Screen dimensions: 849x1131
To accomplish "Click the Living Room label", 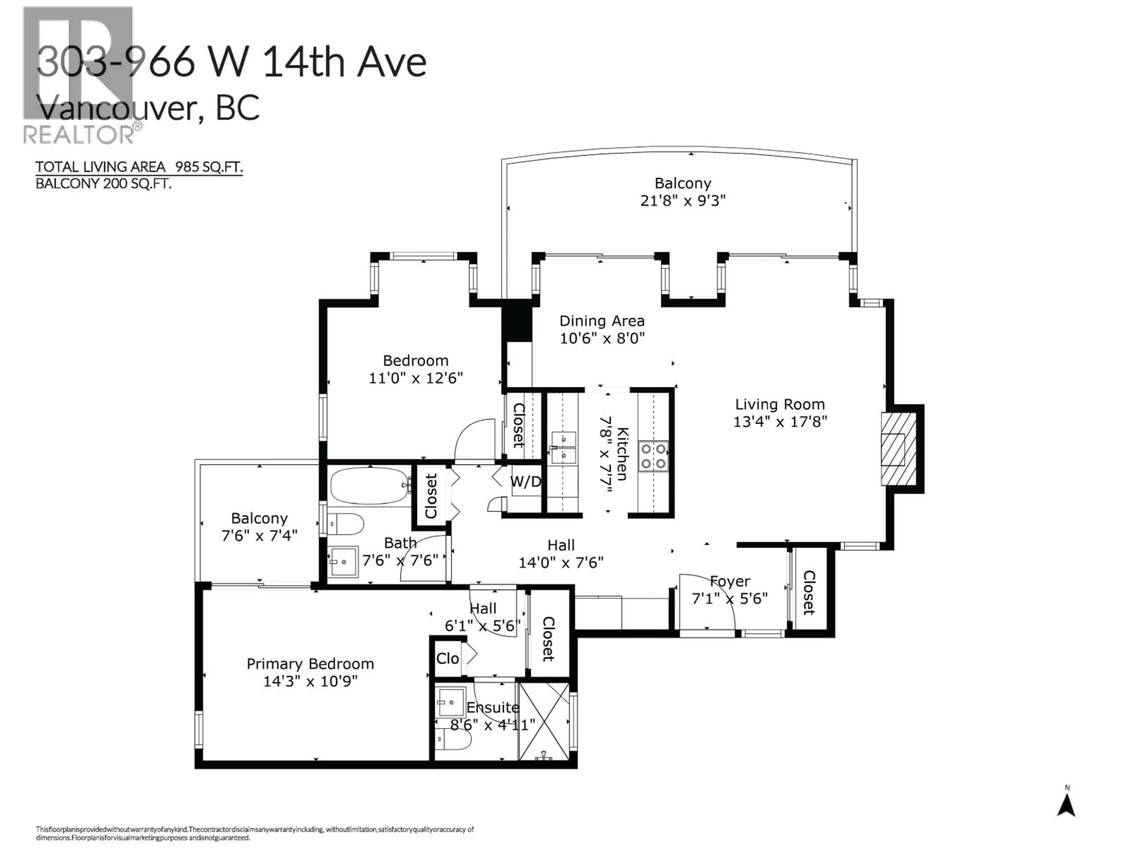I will [x=780, y=404].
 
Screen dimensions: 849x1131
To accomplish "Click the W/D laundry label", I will [x=525, y=482].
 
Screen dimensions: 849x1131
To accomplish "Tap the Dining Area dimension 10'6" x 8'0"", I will [x=602, y=338].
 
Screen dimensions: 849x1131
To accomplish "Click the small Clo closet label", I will [x=447, y=659].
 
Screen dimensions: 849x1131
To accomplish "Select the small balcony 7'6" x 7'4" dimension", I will [x=259, y=536].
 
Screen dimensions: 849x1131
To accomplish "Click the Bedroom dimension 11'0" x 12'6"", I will [x=416, y=378].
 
